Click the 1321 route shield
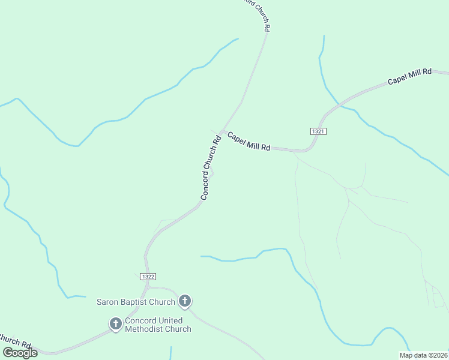(x=319, y=131)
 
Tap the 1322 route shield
(x=149, y=276)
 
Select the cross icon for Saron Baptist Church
(x=185, y=301)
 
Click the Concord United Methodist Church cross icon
(x=115, y=324)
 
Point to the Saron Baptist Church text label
(x=136, y=302)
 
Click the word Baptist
(x=136, y=302)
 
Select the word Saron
(x=109, y=302)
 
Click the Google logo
(x=20, y=353)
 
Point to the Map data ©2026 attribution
(x=424, y=355)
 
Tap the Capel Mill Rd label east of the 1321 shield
(x=409, y=77)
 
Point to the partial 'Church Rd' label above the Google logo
(x=14, y=341)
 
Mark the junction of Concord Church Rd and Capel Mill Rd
(x=222, y=131)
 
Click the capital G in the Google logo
(x=8, y=352)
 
